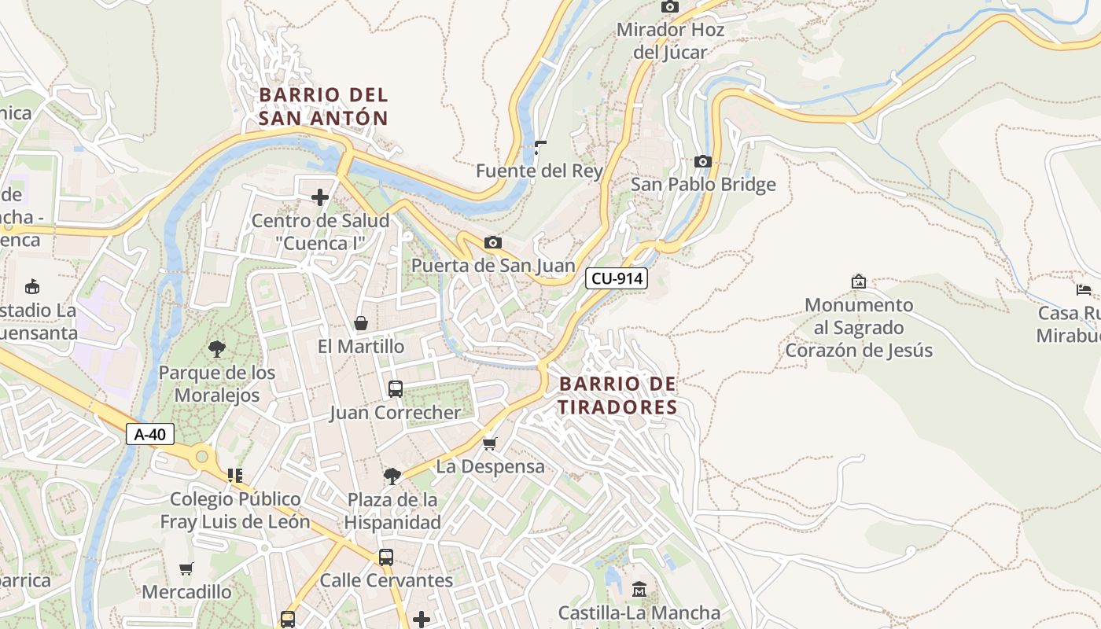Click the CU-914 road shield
coord(616,278)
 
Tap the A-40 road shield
coord(149,434)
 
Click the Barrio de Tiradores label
coord(617,395)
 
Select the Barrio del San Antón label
coord(323,107)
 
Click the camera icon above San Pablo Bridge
coord(702,162)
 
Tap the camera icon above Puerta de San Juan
coord(493,243)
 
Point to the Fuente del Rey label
coord(539,171)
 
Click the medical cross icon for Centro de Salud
coord(320,197)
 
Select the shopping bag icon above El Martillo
coord(361,323)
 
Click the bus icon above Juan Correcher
coord(396,389)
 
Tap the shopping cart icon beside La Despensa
coord(490,444)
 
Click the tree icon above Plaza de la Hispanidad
coord(392,476)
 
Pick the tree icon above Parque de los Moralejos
coord(216,349)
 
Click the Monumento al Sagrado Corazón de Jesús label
coord(859,328)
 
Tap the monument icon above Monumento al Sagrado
coord(859,281)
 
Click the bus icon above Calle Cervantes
coord(386,557)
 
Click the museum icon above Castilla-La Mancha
coord(639,589)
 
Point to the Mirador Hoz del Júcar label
coord(670,41)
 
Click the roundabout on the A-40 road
coord(202,455)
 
